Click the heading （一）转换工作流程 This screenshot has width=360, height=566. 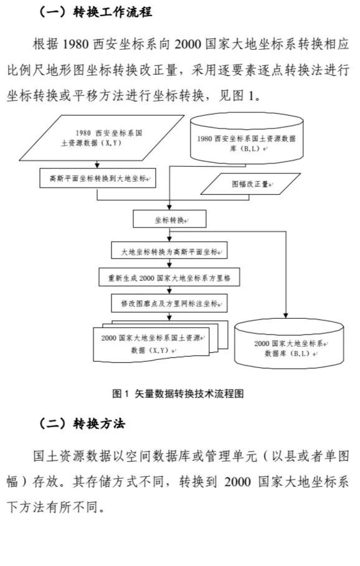pos(95,12)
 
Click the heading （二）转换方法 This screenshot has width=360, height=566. pos(81,423)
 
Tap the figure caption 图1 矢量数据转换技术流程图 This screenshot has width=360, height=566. pos(178,393)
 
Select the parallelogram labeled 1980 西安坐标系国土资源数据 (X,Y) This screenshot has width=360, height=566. pos(102,138)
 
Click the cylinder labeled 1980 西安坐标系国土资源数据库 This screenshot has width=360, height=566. pos(247,138)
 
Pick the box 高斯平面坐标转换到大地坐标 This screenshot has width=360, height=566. pos(98,178)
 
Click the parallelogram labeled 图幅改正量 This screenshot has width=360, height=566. pos(250,184)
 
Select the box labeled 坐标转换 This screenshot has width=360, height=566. pos(169,219)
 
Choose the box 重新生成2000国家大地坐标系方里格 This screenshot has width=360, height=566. pos(169,277)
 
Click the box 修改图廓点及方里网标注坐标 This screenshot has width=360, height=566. pos(169,303)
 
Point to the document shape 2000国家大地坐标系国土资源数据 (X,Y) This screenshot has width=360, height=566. pos(161,341)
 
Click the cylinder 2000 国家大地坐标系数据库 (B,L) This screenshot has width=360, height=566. pos(289,344)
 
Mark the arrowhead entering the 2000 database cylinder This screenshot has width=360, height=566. pos(286,316)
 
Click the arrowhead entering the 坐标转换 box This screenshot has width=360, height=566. pos(169,207)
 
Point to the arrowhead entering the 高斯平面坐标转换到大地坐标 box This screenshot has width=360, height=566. pos(97,166)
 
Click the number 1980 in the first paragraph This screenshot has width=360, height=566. pos(76,44)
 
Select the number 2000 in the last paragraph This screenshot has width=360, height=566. pos(237,481)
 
